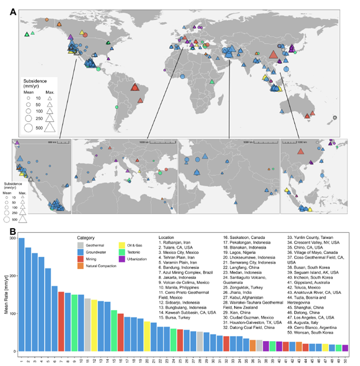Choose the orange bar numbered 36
pyautogui.click(x=253, y=345)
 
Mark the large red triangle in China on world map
pyautogui.click(x=273, y=56)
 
